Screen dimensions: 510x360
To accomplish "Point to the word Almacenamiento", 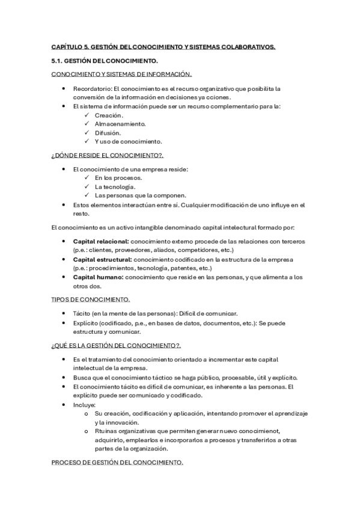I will tap(120, 124).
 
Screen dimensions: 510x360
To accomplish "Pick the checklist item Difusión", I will tap(108, 132).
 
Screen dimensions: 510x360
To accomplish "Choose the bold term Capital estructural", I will tap(102, 259).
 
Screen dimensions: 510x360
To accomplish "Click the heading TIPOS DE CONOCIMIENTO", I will tap(90, 300).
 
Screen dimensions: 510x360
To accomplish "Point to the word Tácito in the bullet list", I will tap(82, 313).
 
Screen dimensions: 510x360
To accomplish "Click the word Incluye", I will tap(84, 405).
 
